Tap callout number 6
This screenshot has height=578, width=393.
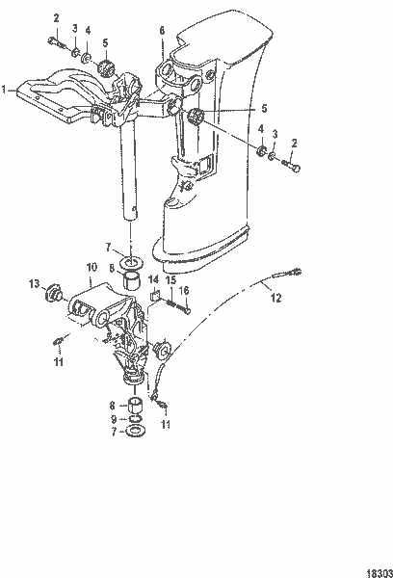pos(161,32)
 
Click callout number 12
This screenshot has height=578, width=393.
pos(275,300)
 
